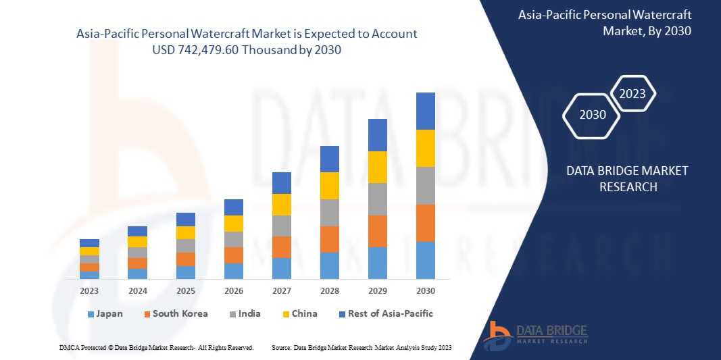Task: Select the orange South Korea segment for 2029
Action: (377, 231)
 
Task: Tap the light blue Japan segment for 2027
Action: (281, 268)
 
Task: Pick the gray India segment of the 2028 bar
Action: (329, 212)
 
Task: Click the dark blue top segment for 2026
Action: (233, 207)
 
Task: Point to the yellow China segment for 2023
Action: (89, 251)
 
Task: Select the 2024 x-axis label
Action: (137, 291)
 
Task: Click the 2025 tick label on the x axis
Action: (185, 291)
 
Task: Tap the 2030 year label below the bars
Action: (425, 291)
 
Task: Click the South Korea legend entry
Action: (175, 314)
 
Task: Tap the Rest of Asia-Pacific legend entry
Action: (386, 314)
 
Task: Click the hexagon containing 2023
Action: (632, 94)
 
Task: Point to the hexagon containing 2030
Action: (593, 115)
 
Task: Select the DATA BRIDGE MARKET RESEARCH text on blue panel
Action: (626, 178)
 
